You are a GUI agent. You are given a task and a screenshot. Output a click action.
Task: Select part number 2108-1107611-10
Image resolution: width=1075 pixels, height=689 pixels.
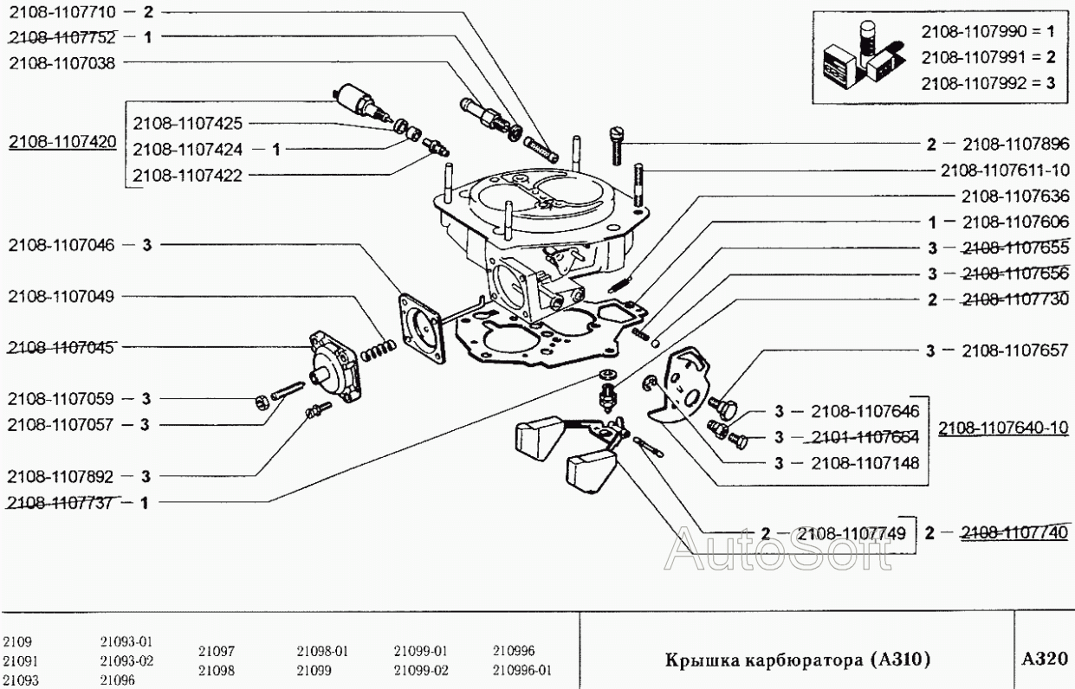tap(1007, 170)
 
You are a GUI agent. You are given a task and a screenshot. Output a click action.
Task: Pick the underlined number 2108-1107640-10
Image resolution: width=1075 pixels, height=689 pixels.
tap(1005, 428)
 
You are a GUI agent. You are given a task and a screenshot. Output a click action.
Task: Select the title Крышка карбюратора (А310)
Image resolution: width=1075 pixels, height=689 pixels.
tap(797, 660)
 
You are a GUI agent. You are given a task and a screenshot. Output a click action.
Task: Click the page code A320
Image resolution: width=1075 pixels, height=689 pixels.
tap(1044, 659)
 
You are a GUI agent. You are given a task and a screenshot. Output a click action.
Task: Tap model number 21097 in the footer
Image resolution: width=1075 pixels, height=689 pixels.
tap(216, 651)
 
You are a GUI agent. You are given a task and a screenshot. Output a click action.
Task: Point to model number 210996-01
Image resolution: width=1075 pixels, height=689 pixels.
tap(521, 670)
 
